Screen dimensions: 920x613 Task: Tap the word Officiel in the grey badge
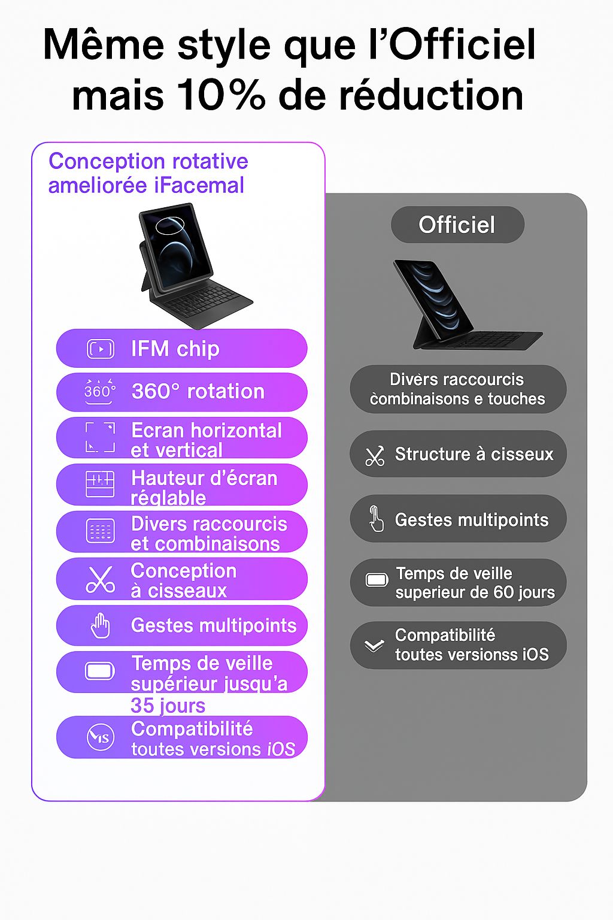pos(457,225)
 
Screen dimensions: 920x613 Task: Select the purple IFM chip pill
pos(181,349)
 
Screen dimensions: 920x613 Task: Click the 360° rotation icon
pos(99,392)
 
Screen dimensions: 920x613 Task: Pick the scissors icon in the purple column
pos(100,579)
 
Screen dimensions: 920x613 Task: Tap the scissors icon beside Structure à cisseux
pos(375,456)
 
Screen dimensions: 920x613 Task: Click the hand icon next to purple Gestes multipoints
pos(100,625)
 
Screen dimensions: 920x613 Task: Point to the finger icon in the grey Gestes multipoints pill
pos(376,519)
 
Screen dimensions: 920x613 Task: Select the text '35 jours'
pos(168,706)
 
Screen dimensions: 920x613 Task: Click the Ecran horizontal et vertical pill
pos(181,439)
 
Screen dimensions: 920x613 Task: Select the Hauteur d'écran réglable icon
pos(100,484)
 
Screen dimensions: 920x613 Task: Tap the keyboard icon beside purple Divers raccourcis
pos(100,531)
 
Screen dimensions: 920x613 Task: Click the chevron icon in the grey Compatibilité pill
pos(374,646)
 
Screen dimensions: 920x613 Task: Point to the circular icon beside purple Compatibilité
pos(100,737)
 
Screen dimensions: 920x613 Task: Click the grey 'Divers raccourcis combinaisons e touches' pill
pos(458,389)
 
